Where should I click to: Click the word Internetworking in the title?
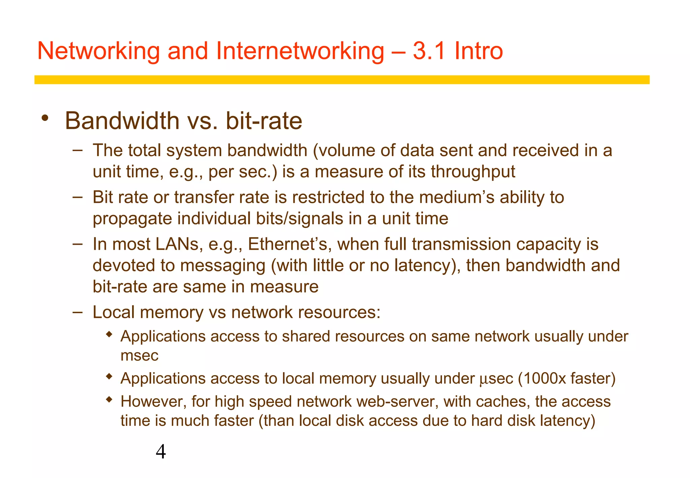[x=300, y=51]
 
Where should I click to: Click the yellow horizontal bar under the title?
[x=342, y=80]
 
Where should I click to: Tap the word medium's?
[x=457, y=197]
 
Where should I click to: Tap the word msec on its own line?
[x=139, y=356]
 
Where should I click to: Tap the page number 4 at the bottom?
[x=161, y=452]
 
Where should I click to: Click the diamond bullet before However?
[x=108, y=400]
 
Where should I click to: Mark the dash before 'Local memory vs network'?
[x=77, y=312]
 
